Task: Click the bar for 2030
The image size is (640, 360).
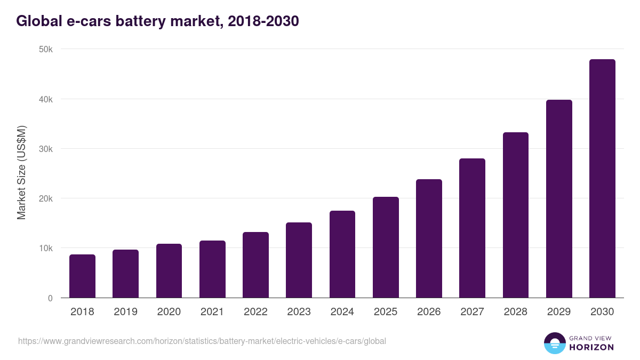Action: pos(602,179)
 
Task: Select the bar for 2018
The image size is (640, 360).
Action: pos(82,276)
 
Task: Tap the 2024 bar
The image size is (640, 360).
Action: pos(342,254)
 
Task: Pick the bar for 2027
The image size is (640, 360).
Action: pos(472,228)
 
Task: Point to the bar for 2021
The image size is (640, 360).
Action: pos(212,269)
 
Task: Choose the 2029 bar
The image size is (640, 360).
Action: pos(559,199)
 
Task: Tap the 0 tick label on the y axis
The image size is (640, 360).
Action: pos(50,298)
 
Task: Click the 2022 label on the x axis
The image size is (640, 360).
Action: pos(255,312)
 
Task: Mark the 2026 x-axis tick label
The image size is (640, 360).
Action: pos(429,312)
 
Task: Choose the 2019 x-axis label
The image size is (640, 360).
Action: pos(125,312)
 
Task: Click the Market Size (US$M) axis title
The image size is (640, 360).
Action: pos(21,173)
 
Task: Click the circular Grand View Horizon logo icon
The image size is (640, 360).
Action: pos(554,343)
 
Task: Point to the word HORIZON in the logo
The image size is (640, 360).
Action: pos(591,347)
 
